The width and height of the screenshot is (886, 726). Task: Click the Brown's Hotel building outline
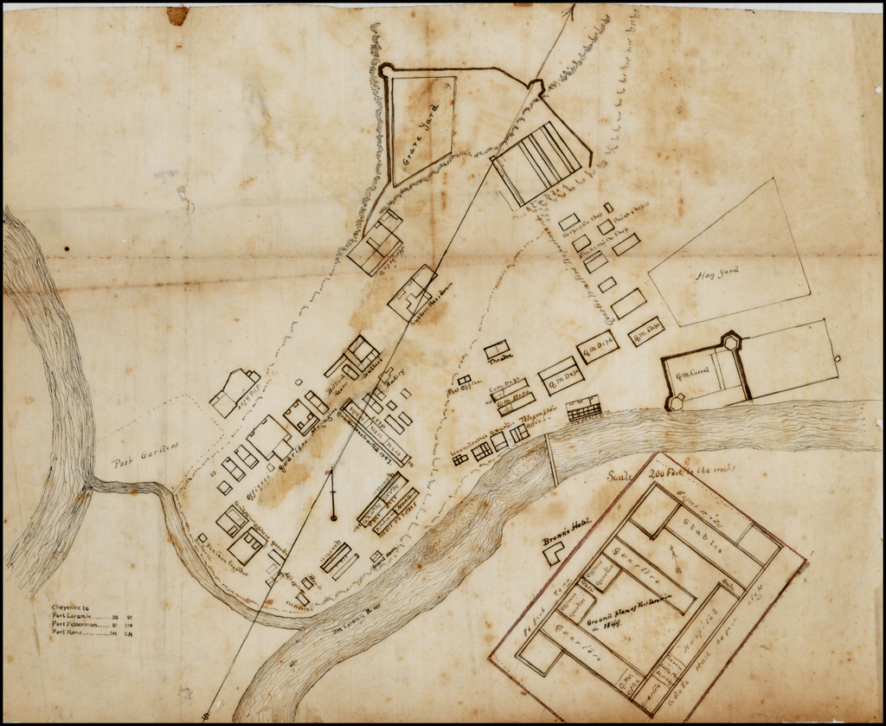pyautogui.click(x=553, y=553)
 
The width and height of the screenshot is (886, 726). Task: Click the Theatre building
pyautogui.click(x=497, y=350)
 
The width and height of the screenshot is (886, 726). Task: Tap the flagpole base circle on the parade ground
pyautogui.click(x=333, y=517)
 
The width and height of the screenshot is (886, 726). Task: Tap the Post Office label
pyautogui.click(x=463, y=390)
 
